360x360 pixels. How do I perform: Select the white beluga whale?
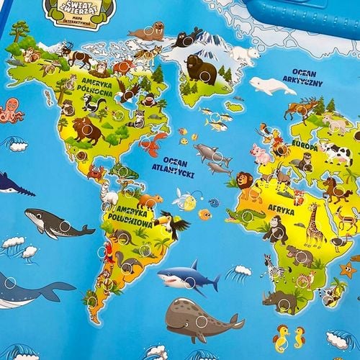[272, 86]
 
